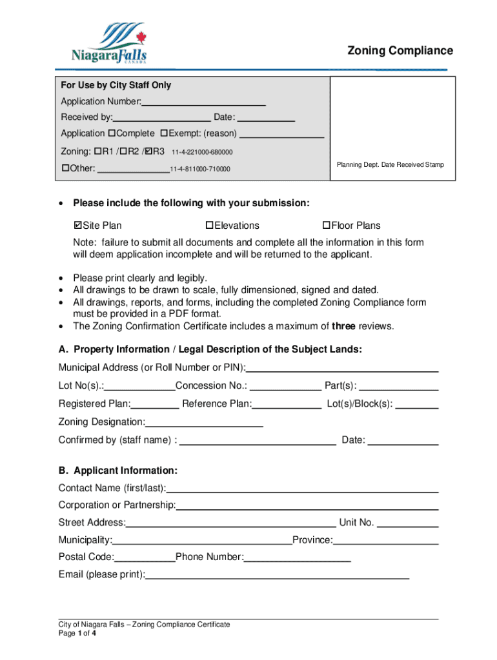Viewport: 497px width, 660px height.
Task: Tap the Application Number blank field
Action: pyautogui.click(x=203, y=101)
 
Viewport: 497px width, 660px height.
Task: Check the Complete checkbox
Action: pyautogui.click(x=112, y=133)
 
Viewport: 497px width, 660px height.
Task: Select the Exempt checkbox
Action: pyautogui.click(x=164, y=133)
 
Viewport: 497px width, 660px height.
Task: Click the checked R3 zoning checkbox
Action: pyautogui.click(x=148, y=152)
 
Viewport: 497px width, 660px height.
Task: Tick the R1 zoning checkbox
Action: pyautogui.click(x=97, y=152)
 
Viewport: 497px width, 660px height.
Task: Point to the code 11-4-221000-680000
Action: pyautogui.click(x=202, y=153)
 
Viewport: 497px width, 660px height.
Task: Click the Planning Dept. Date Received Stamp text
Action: pyautogui.click(x=391, y=165)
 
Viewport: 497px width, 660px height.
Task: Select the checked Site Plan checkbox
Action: pyautogui.click(x=78, y=226)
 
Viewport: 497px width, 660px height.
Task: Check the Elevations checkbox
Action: pyautogui.click(x=209, y=226)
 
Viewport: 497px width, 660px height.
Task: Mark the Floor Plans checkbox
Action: pyautogui.click(x=327, y=226)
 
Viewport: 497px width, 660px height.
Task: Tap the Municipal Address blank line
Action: pyautogui.click(x=342, y=368)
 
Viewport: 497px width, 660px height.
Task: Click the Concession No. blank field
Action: pyautogui.click(x=285, y=386)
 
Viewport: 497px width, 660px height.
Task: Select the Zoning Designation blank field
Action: pyautogui.click(x=204, y=422)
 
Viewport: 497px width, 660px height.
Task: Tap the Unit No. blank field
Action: pyautogui.click(x=407, y=523)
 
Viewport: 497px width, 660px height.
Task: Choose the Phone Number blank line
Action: pyautogui.click(x=297, y=558)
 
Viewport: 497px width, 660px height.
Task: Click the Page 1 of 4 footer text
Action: pyautogui.click(x=77, y=634)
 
